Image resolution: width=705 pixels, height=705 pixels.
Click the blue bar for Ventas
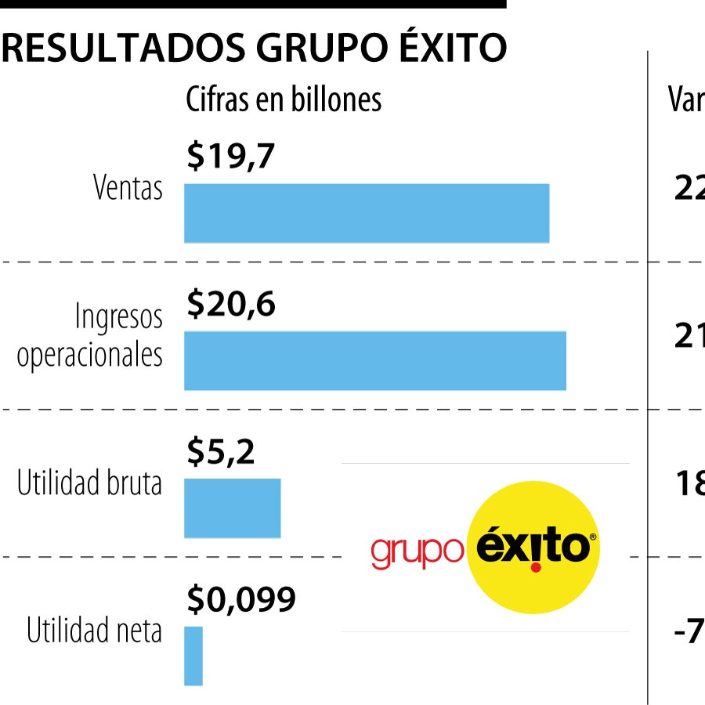tap(367, 213)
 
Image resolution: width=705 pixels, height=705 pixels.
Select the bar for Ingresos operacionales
tap(375, 360)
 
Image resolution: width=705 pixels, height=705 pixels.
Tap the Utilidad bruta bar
tap(232, 508)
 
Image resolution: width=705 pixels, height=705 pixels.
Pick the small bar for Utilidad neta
tap(193, 656)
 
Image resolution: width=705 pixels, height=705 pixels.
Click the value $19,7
tap(230, 157)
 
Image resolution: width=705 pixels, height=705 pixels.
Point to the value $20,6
tap(231, 305)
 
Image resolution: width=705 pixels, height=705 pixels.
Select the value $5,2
tap(221, 452)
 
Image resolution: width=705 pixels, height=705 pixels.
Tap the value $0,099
tap(241, 600)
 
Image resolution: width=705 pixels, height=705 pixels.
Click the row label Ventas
tap(128, 189)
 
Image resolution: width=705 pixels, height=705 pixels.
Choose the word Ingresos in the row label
tap(119, 317)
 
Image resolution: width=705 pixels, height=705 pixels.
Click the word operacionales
tap(90, 354)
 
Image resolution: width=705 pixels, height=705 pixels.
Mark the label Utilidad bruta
tap(90, 483)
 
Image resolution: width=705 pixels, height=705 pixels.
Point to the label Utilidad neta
tap(95, 631)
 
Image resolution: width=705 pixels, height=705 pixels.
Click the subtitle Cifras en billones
tap(284, 99)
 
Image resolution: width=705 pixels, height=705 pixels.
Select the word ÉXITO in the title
tap(454, 49)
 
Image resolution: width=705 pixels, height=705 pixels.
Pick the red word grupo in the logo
tap(417, 551)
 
